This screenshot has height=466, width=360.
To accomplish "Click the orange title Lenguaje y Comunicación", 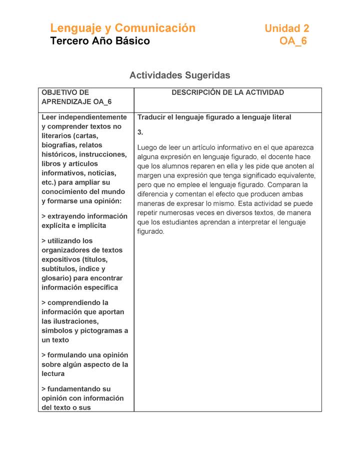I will point(122,28).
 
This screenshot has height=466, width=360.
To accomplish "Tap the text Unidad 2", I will point(286,28).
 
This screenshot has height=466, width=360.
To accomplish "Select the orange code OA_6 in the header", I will point(293,41).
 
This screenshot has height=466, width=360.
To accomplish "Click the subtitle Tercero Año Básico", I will point(100,41).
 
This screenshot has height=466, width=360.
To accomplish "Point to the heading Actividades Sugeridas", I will point(179,75).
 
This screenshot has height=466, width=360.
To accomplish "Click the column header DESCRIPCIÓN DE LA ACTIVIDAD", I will point(227,92).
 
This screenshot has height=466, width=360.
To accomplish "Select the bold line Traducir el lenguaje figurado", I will point(214,117).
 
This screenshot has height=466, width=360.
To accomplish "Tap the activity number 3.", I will point(140,132).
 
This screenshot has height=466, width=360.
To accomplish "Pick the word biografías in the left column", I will point(57,145).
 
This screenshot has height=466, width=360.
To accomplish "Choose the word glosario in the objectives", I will point(56,278).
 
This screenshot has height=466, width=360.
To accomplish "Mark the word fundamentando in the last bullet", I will point(75,388).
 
